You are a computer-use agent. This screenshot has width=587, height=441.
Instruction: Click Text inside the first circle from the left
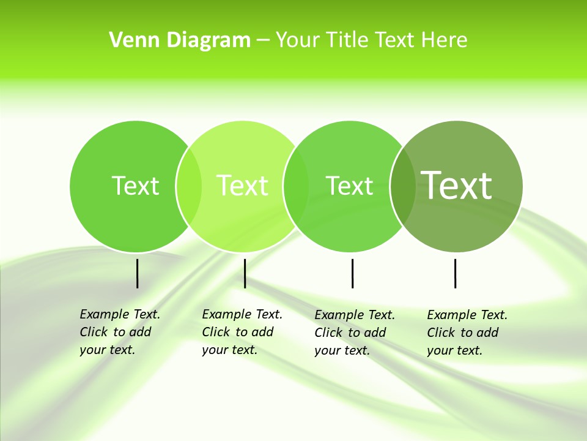[135, 186]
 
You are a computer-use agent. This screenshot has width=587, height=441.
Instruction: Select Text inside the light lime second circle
[242, 186]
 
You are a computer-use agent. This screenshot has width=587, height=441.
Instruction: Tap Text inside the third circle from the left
[349, 186]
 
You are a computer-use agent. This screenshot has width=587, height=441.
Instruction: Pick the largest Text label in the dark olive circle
[456, 185]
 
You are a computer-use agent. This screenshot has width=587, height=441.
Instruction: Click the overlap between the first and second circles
[189, 186]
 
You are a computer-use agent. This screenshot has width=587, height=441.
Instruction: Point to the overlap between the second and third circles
[296, 186]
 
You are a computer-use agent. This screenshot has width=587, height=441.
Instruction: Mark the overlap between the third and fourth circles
[402, 186]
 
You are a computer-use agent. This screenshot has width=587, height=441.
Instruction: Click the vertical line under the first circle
[137, 273]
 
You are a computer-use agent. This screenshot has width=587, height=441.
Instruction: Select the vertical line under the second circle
[245, 273]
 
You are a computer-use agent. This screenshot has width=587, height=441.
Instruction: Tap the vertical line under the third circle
[352, 273]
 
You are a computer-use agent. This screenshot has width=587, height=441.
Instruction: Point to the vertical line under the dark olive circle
[455, 273]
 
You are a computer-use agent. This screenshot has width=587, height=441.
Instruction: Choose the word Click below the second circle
[215, 333]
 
